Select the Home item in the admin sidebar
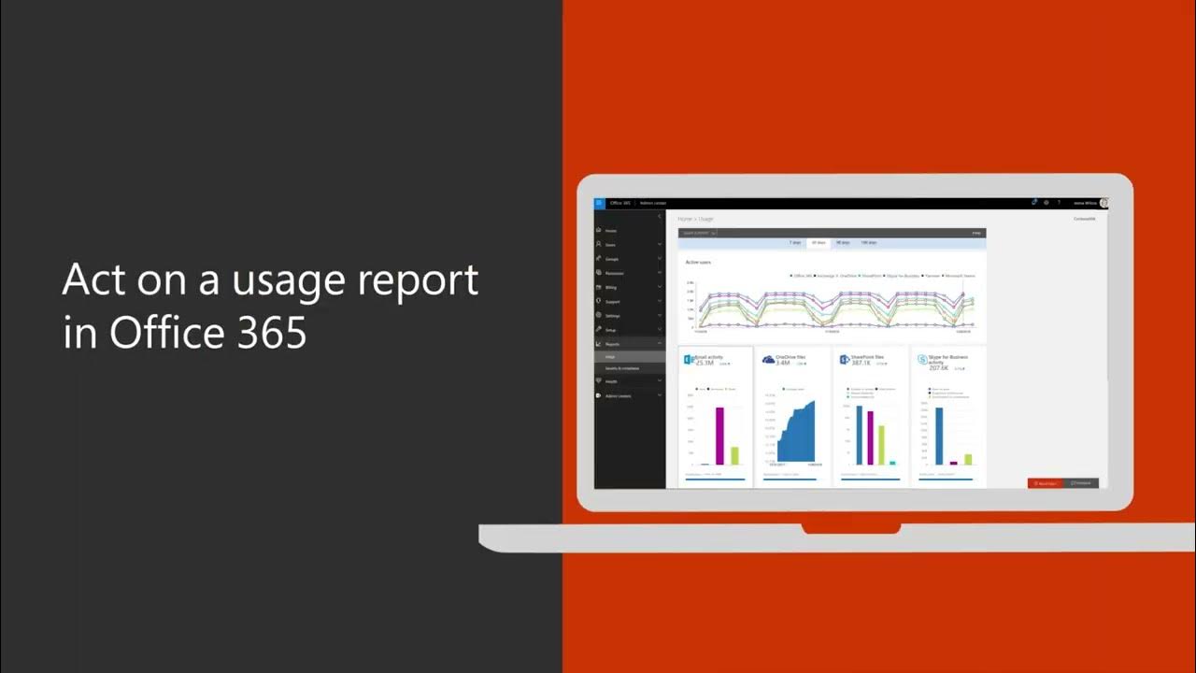click(x=610, y=230)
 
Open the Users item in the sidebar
click(x=610, y=245)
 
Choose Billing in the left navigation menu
click(x=611, y=288)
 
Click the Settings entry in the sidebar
click(x=612, y=316)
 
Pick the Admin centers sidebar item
click(x=618, y=395)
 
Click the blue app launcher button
click(x=599, y=203)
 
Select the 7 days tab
click(x=795, y=242)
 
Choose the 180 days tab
click(x=868, y=242)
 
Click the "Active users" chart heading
click(x=698, y=263)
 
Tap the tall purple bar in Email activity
click(x=719, y=436)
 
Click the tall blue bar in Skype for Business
click(x=939, y=436)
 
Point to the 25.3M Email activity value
click(x=705, y=363)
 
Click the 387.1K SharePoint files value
click(x=861, y=363)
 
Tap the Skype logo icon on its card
click(x=922, y=360)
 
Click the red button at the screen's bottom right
click(x=1045, y=483)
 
